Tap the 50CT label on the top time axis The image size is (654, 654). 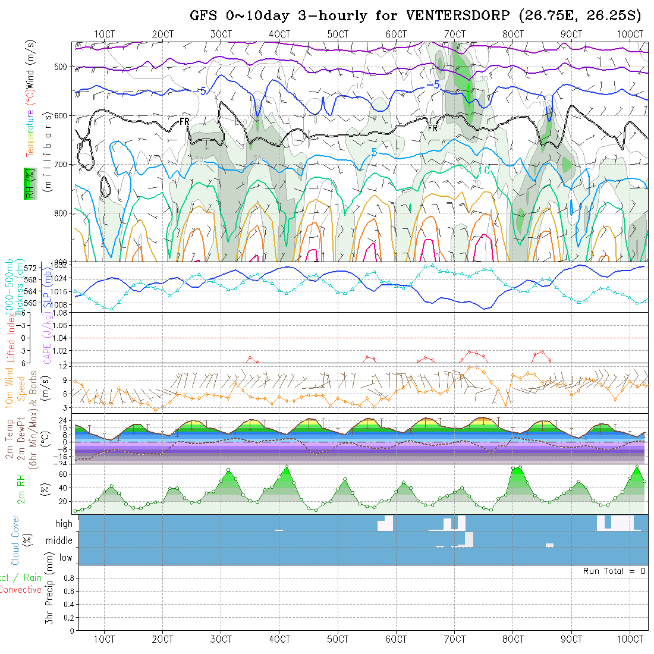pyautogui.click(x=338, y=34)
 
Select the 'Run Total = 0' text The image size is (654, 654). pyautogui.click(x=614, y=571)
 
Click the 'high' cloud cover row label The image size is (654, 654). pyautogui.click(x=64, y=524)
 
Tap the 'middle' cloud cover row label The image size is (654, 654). pyautogui.click(x=59, y=540)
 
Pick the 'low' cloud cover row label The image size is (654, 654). pyautogui.click(x=65, y=558)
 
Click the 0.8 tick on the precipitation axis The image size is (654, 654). pyautogui.click(x=68, y=578)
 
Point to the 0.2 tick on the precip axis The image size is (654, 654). pyautogui.click(x=68, y=617)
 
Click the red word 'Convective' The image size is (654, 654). pyautogui.click(x=20, y=590)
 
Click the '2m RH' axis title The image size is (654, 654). pyautogui.click(x=21, y=489)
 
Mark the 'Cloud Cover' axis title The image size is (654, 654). pyautogui.click(x=15, y=539)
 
